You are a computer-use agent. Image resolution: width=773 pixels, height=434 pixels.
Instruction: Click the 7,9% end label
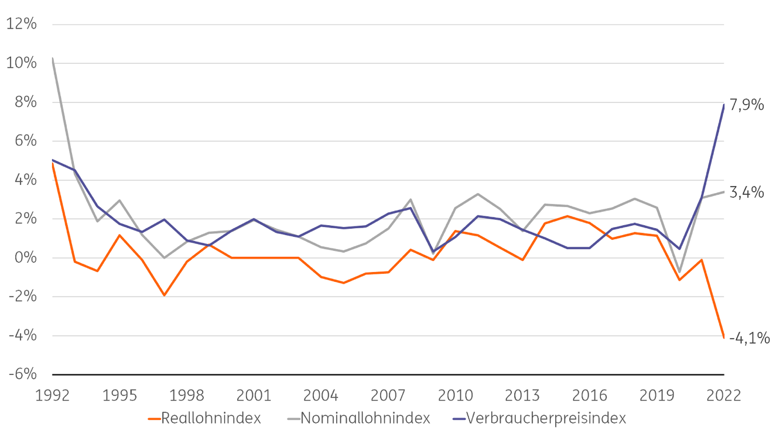click(747, 105)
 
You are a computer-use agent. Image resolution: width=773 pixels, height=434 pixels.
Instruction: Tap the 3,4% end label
click(747, 192)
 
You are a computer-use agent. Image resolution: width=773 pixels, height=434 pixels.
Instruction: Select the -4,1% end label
click(749, 338)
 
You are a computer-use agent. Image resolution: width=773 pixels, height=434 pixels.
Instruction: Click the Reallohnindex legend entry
click(204, 418)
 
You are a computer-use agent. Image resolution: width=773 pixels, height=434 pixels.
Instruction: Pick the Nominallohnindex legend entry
click(358, 418)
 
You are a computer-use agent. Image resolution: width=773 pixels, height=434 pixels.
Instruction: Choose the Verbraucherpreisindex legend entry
click(539, 418)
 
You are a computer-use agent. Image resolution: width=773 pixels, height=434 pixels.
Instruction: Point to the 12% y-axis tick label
click(22, 24)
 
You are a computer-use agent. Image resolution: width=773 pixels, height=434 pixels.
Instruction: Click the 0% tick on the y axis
click(26, 257)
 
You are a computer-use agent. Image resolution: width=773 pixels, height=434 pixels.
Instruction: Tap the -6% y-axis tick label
click(23, 374)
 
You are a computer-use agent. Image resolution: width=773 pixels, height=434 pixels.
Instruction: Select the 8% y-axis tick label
click(26, 102)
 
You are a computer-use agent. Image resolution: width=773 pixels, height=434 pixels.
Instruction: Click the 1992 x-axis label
click(53, 395)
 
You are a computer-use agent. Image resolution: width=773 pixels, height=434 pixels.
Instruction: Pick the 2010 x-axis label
click(455, 395)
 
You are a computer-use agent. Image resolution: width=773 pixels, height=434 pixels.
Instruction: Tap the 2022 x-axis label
click(724, 395)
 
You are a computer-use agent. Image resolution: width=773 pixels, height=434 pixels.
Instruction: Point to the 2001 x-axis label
click(254, 395)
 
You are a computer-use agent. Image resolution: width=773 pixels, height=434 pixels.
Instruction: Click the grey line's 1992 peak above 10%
click(53, 58)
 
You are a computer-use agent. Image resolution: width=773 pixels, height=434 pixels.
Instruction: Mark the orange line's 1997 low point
click(164, 295)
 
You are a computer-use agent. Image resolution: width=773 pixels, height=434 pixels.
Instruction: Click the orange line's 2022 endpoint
click(724, 337)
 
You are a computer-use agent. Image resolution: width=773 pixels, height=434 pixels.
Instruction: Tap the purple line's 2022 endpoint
click(724, 104)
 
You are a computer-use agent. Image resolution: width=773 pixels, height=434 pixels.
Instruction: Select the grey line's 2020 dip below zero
click(679, 272)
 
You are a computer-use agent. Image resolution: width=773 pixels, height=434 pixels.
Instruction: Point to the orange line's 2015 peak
click(567, 216)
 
